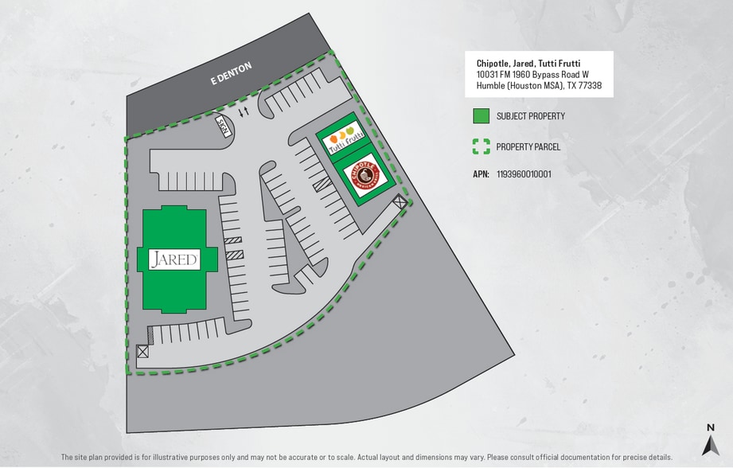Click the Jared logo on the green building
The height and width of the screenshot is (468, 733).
tap(174, 259)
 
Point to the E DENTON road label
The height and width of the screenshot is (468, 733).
tap(231, 73)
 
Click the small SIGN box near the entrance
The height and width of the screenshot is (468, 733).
tap(224, 127)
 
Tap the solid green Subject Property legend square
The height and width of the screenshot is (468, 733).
tap(481, 116)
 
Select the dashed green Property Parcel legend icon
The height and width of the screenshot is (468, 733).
tap(481, 146)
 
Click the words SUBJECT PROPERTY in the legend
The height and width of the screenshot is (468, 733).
tap(530, 116)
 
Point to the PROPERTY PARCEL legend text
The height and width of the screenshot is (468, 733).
tap(528, 146)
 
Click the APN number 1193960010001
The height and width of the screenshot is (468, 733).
tap(524, 174)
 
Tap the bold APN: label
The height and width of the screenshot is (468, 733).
tap(481, 174)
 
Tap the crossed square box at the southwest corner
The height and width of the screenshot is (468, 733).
tap(143, 351)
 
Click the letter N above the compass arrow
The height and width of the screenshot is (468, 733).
tap(711, 428)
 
